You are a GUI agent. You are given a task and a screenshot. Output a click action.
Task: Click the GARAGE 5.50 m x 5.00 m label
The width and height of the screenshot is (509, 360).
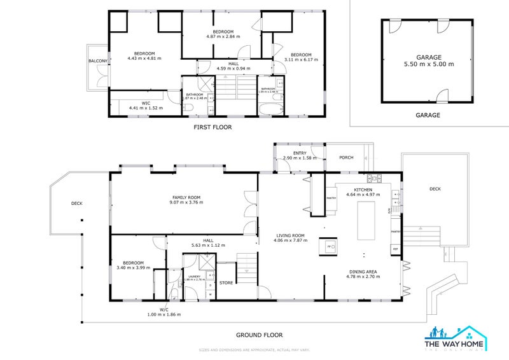(x=428, y=60)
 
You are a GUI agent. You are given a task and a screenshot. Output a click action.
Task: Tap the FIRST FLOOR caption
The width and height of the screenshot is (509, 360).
(x=213, y=127)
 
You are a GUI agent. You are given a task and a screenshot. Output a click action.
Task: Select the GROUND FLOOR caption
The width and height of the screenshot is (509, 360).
(x=259, y=335)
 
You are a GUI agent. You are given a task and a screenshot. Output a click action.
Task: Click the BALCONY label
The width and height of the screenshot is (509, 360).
(x=98, y=61)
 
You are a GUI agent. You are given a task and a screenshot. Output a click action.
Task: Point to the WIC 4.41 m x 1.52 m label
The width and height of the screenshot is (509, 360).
(x=146, y=106)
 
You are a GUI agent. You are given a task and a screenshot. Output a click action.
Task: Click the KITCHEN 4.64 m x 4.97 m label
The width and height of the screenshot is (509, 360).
(x=363, y=191)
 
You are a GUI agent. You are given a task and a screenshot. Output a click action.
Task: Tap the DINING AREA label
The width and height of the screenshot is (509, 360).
(x=362, y=274)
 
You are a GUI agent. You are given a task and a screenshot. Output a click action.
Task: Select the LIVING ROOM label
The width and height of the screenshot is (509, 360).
(x=289, y=238)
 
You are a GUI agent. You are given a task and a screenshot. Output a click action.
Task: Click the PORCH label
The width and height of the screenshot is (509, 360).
(x=346, y=157)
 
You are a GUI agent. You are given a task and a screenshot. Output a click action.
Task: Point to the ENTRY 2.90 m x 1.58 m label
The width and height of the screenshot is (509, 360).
(x=300, y=155)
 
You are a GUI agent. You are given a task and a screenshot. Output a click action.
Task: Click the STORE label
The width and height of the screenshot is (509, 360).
(x=227, y=282)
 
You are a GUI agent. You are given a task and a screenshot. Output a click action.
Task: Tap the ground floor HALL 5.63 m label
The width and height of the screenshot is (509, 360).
(x=209, y=243)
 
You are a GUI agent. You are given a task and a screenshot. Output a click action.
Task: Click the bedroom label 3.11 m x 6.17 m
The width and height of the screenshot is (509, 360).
(x=301, y=57)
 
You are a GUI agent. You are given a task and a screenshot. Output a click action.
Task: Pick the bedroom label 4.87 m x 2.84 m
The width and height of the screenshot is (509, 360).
(x=223, y=34)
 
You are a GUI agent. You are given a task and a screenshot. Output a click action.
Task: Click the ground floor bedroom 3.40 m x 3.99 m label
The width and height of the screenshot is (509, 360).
(x=134, y=265)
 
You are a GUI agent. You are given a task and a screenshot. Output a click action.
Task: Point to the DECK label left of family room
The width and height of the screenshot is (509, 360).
(x=77, y=204)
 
